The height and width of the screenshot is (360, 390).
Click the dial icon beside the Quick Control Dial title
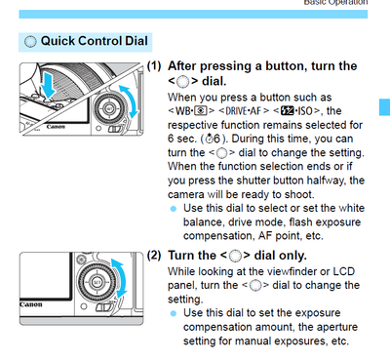[30, 42]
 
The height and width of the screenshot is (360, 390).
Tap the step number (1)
[154, 66]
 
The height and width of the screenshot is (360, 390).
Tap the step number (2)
[154, 256]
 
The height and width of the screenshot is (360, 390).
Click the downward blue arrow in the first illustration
[50, 85]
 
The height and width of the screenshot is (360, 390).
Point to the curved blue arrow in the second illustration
[119, 278]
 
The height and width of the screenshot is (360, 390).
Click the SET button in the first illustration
[109, 108]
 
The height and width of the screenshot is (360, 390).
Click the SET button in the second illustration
[97, 282]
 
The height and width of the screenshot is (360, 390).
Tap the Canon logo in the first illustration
[56, 127]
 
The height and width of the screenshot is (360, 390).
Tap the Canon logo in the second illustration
[31, 304]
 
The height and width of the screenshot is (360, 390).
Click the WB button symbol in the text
[191, 111]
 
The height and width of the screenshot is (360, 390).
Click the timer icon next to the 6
[209, 139]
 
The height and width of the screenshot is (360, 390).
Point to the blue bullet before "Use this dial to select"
[174, 209]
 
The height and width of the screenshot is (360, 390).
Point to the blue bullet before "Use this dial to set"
[174, 313]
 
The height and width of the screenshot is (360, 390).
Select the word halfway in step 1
[327, 180]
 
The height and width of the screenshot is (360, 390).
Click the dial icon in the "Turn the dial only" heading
[235, 257]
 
